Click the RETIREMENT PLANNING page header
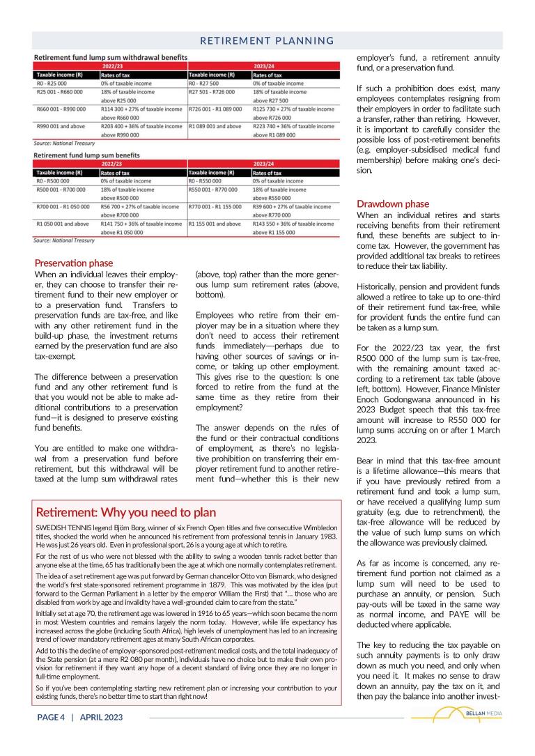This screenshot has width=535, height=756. coord(267,41)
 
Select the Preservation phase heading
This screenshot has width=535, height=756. coord(73,263)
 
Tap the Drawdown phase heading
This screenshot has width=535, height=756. coord(393,204)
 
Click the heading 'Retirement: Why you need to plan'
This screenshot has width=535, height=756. coord(126,511)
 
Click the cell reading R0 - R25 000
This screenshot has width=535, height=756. coord(48,83)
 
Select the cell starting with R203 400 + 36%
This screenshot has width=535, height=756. coord(141,126)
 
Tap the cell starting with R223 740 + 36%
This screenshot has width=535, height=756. coord(293,126)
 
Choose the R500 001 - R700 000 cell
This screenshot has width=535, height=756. coord(61,190)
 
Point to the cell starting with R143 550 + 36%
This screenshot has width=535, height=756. coord(293,224)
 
